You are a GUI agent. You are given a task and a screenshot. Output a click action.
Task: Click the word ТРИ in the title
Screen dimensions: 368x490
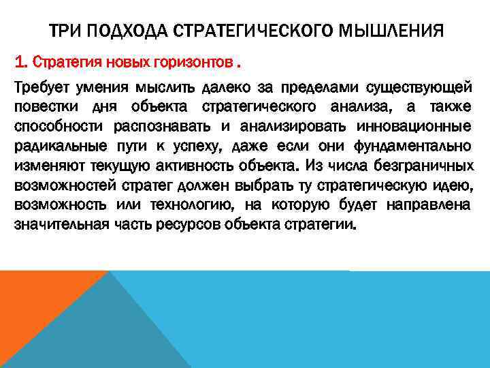point(65,31)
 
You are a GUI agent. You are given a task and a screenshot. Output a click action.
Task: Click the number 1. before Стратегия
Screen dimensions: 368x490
point(21,63)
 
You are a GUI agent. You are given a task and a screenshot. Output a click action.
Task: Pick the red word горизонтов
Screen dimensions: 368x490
point(198,63)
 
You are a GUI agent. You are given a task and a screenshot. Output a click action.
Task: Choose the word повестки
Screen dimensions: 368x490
point(44,107)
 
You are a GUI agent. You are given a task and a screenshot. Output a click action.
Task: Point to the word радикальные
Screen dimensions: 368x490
point(53,147)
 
